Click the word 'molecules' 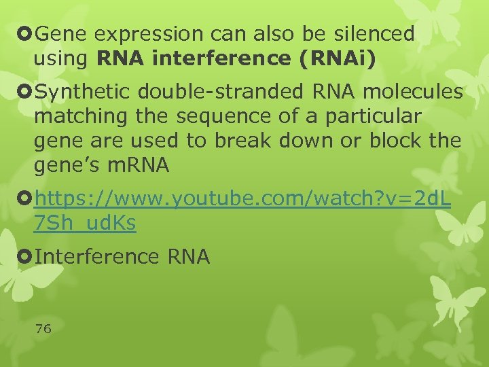click(415, 92)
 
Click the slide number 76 click(43, 329)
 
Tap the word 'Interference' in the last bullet click(95, 257)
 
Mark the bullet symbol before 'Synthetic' click(26, 92)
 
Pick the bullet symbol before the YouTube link click(26, 199)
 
